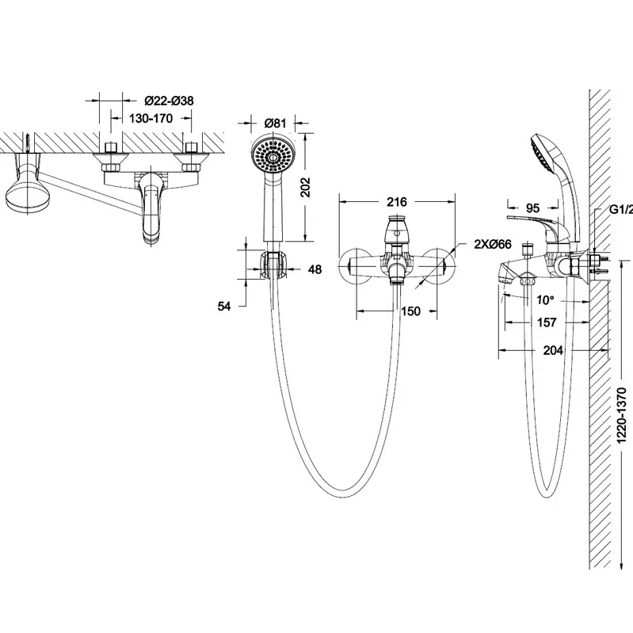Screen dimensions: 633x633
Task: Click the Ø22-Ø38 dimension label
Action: [169, 101]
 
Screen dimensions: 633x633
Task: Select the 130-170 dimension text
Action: [151, 118]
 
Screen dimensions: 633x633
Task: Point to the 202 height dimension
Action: [307, 187]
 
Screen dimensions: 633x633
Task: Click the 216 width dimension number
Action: [396, 201]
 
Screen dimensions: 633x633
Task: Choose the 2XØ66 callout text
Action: [493, 244]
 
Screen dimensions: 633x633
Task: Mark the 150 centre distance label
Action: [410, 311]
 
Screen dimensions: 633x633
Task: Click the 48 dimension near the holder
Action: [315, 269]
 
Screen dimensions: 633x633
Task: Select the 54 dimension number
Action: [224, 307]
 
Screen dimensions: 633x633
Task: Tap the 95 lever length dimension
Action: [533, 208]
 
